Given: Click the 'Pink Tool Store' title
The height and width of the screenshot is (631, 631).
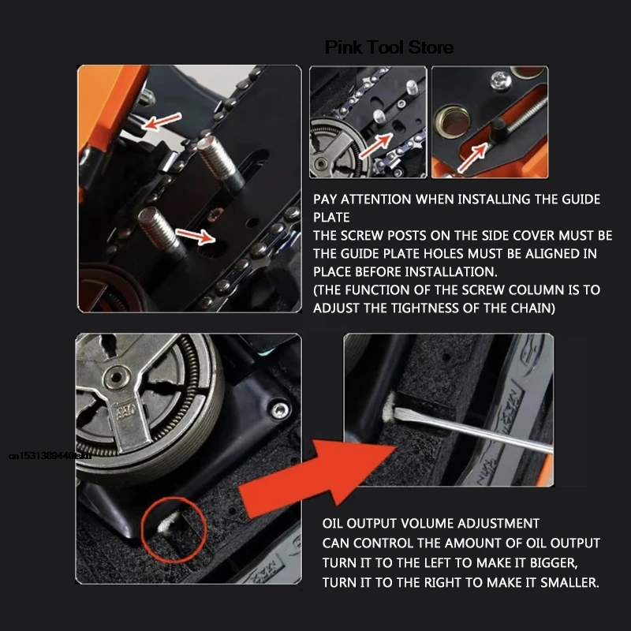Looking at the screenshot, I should coord(389,47).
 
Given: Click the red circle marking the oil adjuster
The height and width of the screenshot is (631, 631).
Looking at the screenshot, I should coord(174,524).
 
